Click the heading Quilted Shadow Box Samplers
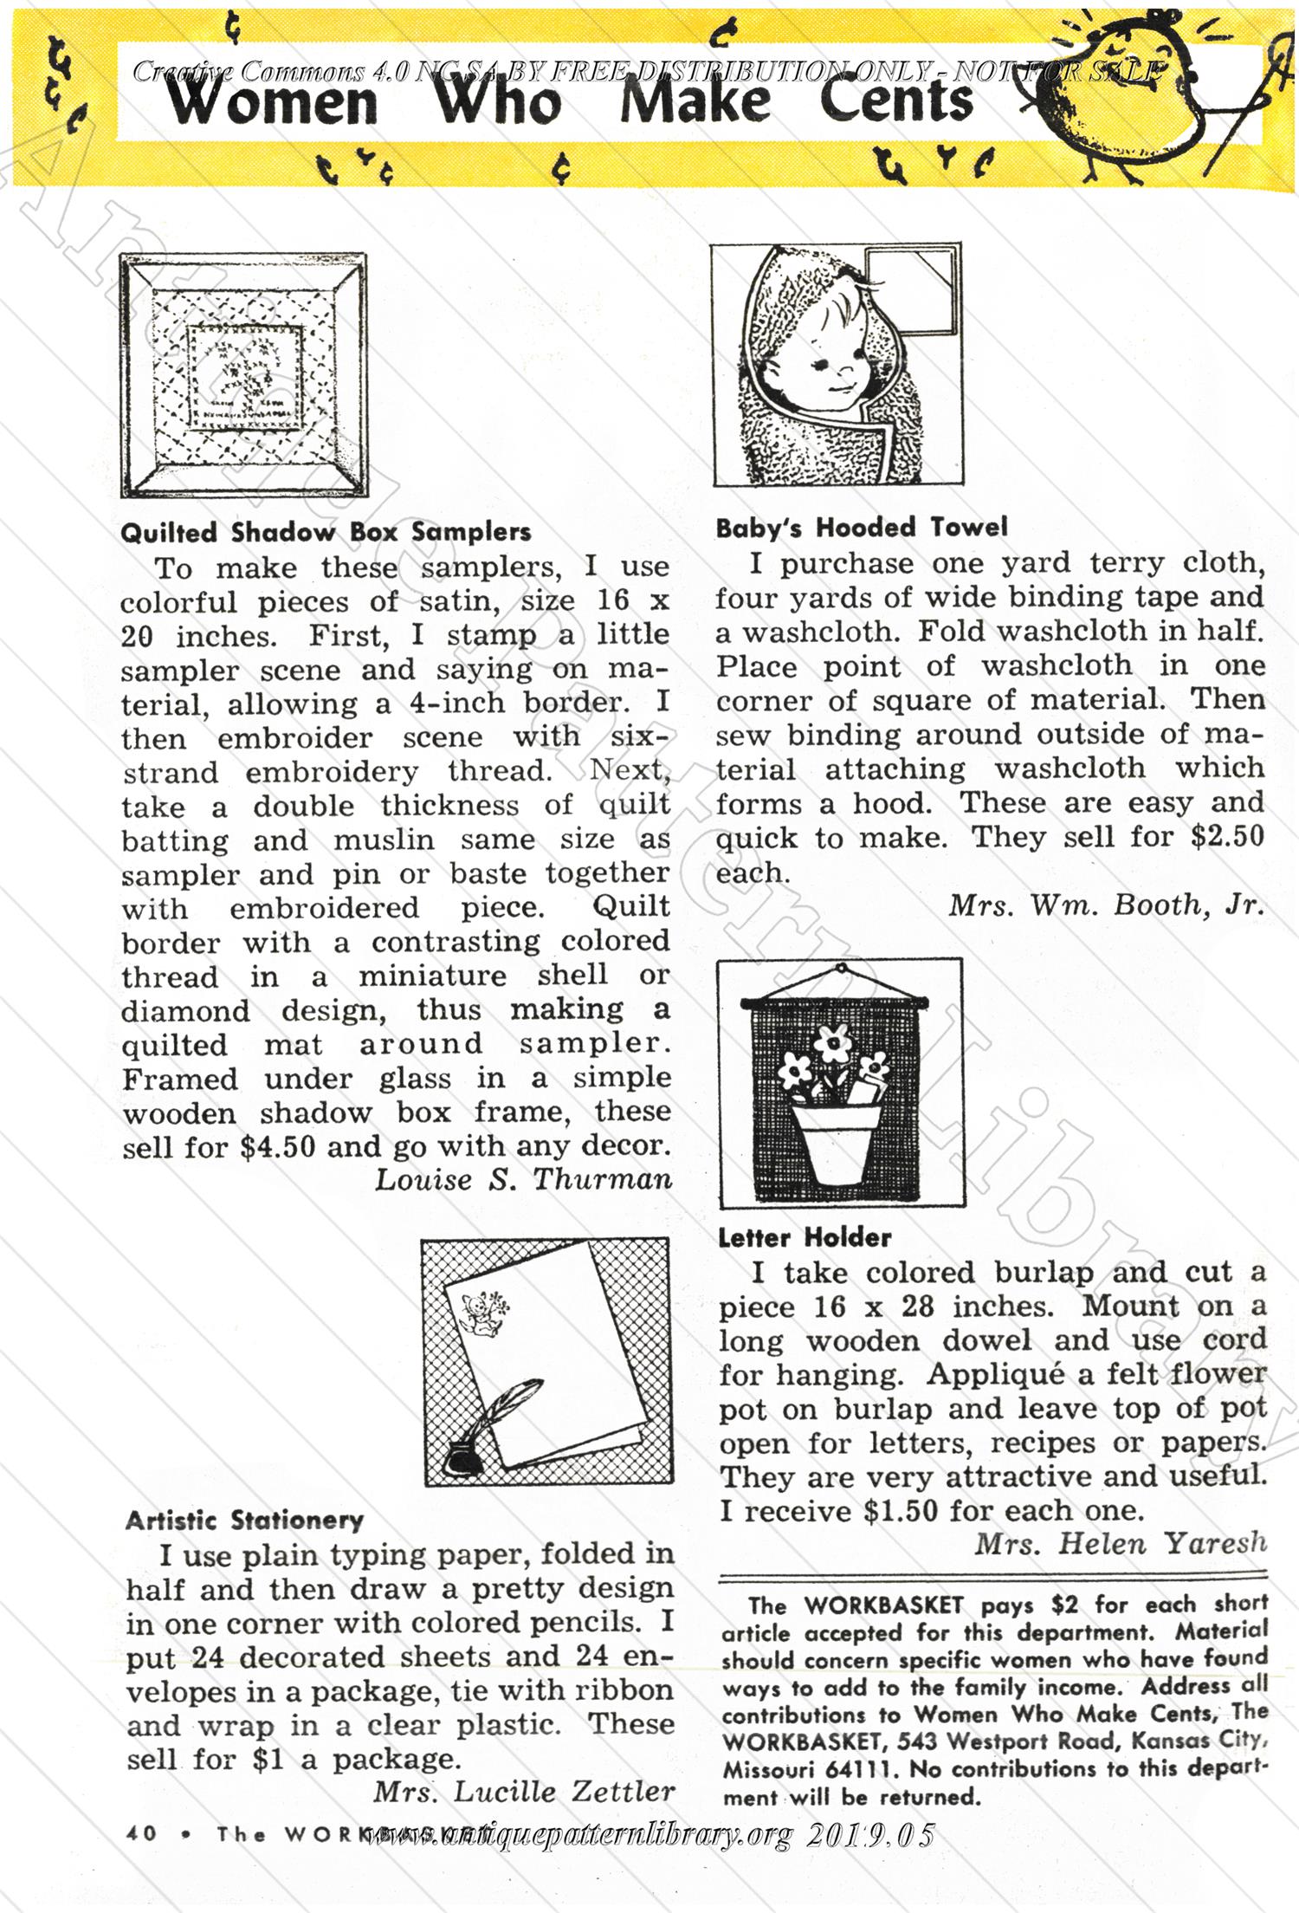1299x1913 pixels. click(326, 531)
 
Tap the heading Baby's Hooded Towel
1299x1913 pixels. click(862, 527)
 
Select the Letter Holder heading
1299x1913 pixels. click(805, 1237)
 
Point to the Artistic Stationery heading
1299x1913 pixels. click(245, 1521)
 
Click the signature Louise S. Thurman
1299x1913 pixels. click(523, 1180)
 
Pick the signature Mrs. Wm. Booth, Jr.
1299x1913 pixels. click(1107, 905)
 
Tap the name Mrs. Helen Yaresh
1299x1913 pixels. click(1121, 1543)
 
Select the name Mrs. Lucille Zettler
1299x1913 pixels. click(523, 1791)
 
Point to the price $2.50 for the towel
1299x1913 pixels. click(1228, 838)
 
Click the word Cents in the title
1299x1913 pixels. click(896, 102)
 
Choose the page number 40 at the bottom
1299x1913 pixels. click(141, 1833)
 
